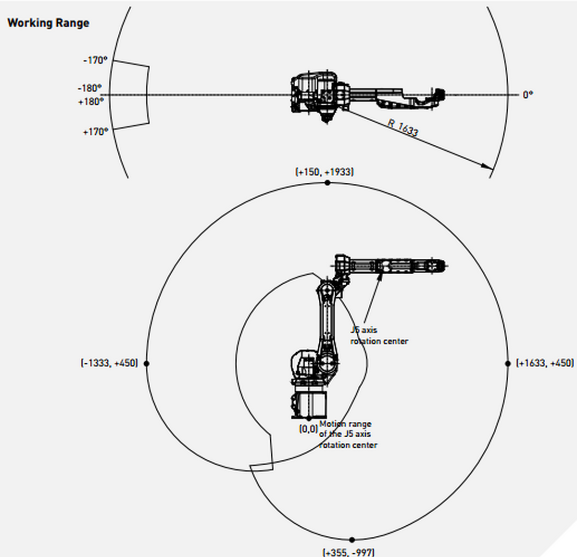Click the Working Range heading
(x=48, y=23)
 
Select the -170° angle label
(x=95, y=61)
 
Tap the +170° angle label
(x=95, y=131)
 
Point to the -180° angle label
(x=90, y=89)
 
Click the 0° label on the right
(x=527, y=95)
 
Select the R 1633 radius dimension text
(x=403, y=127)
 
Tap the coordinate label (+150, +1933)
(x=324, y=172)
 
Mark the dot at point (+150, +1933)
(x=327, y=183)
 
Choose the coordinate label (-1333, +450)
(x=109, y=363)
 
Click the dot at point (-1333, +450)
(x=147, y=364)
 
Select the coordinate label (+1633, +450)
(x=544, y=363)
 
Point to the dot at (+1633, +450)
(x=508, y=364)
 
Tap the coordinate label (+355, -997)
(x=348, y=552)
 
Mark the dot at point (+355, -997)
(x=352, y=540)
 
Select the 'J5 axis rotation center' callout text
(x=378, y=336)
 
